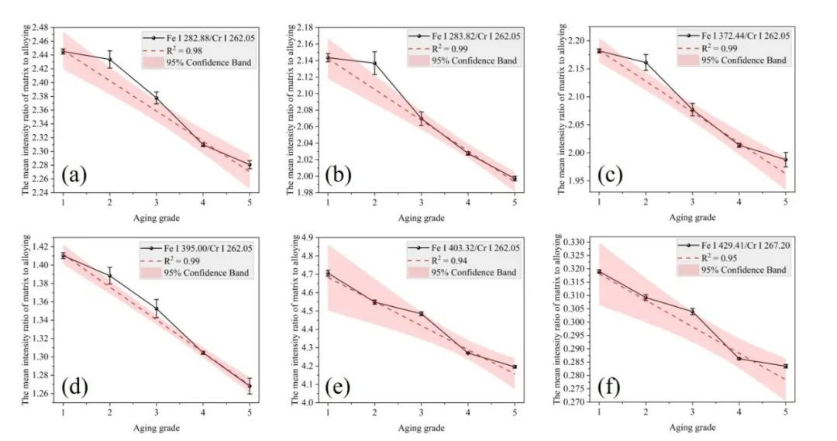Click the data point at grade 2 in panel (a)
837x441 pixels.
click(110, 60)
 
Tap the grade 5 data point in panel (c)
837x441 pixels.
click(785, 160)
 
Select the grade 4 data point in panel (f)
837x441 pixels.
click(739, 358)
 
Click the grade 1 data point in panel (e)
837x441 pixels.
click(328, 273)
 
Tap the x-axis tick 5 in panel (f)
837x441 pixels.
click(785, 413)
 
